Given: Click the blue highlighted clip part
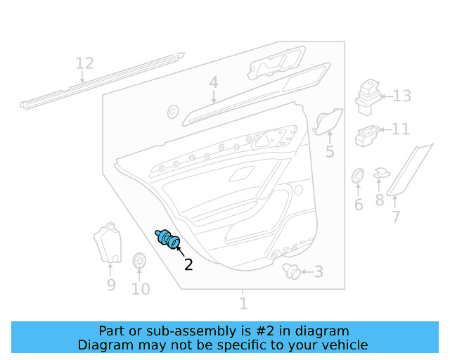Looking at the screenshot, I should (168, 240).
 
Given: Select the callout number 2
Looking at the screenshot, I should (188, 264).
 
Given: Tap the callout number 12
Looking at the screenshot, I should (84, 64).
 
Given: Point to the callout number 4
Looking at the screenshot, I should (213, 84).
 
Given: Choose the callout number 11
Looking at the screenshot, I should (400, 129).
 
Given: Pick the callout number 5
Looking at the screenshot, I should (329, 152).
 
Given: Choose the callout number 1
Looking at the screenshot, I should (243, 304).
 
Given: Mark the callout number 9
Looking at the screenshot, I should (111, 285).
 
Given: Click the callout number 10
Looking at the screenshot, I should (141, 289).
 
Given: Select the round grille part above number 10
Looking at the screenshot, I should (139, 261).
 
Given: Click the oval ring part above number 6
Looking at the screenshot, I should (357, 176).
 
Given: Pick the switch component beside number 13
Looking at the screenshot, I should (368, 96).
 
